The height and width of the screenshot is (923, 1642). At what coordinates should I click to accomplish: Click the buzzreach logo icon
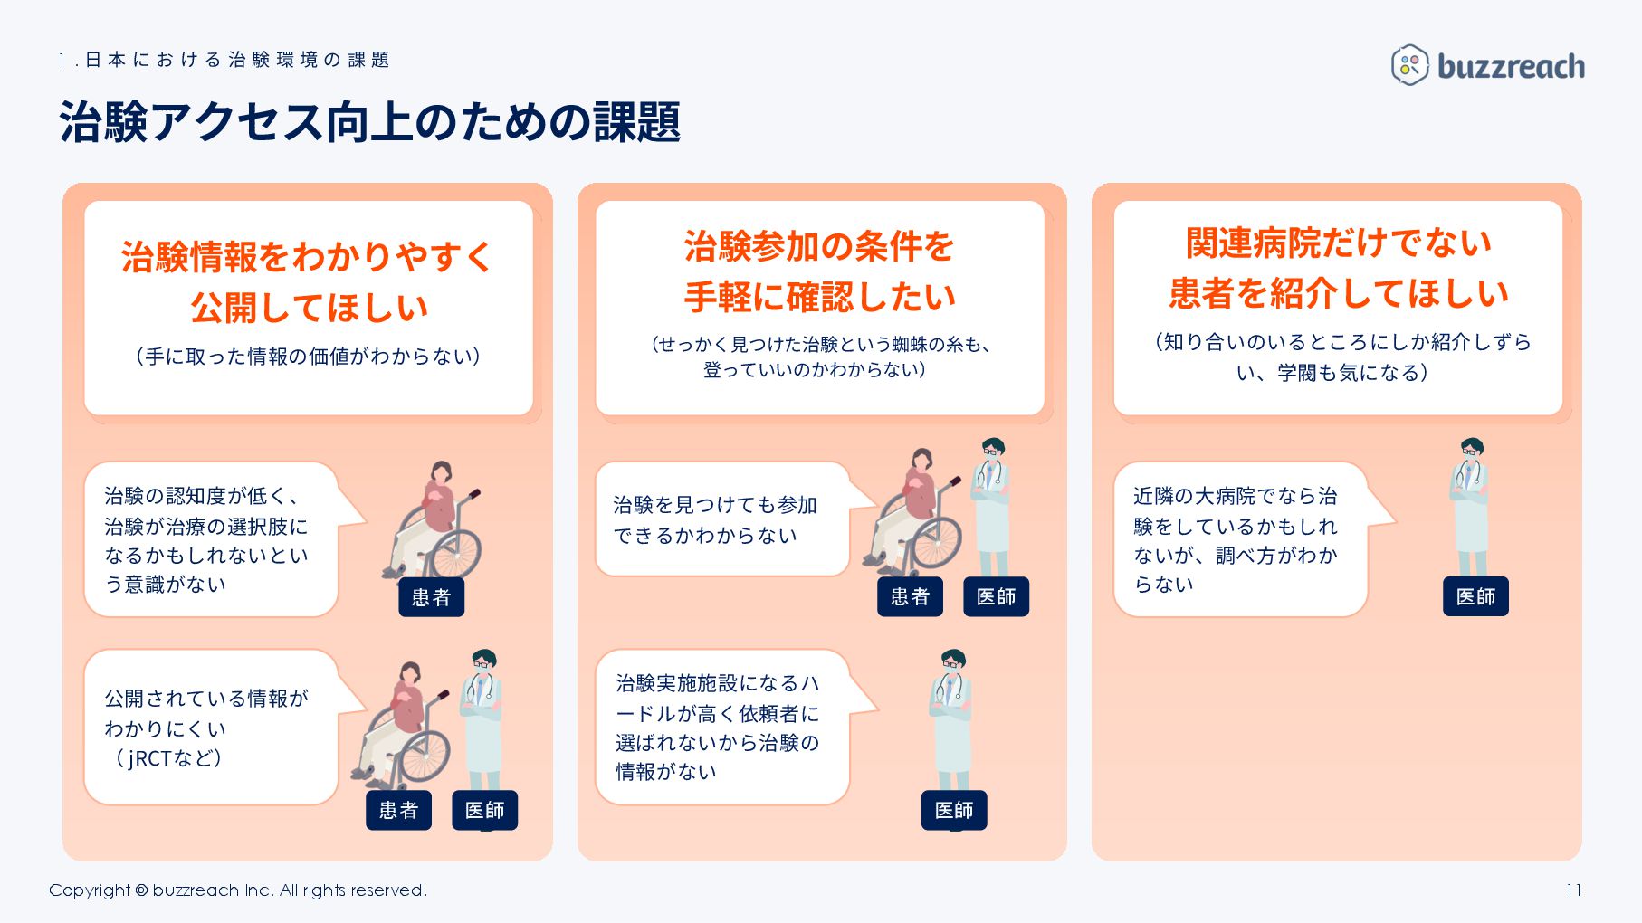(x=1409, y=65)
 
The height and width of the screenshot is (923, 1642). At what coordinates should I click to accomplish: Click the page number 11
(x=1573, y=890)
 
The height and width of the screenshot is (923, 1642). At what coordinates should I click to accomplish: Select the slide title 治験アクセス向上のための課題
(x=369, y=122)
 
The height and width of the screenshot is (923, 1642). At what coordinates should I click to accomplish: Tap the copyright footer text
(x=237, y=890)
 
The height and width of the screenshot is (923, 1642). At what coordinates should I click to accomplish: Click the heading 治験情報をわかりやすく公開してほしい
(x=308, y=281)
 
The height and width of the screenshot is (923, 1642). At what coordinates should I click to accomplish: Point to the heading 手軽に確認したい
(x=819, y=297)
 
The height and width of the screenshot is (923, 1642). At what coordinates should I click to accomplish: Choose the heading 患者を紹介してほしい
(x=1338, y=293)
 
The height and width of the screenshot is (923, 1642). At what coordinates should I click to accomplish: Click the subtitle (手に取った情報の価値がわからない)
(x=308, y=357)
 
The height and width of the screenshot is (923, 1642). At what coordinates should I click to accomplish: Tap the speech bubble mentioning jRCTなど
(x=210, y=728)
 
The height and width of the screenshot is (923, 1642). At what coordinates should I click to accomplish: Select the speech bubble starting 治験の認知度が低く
(x=210, y=539)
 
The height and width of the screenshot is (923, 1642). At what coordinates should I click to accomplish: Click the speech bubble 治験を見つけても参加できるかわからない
(x=721, y=519)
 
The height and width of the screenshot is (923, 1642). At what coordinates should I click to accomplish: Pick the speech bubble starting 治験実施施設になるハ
(x=721, y=727)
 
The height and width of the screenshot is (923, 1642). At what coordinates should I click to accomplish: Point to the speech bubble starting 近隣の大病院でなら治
(x=1238, y=539)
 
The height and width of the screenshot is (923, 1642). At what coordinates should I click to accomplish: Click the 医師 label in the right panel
(x=1475, y=597)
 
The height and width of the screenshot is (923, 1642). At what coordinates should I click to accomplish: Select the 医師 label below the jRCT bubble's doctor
(x=484, y=811)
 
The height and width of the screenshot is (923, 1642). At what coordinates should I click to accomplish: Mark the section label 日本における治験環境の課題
(x=224, y=60)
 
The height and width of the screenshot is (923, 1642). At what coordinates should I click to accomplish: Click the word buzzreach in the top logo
(x=1511, y=66)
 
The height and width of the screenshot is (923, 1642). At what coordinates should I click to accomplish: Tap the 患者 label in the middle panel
(x=910, y=597)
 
